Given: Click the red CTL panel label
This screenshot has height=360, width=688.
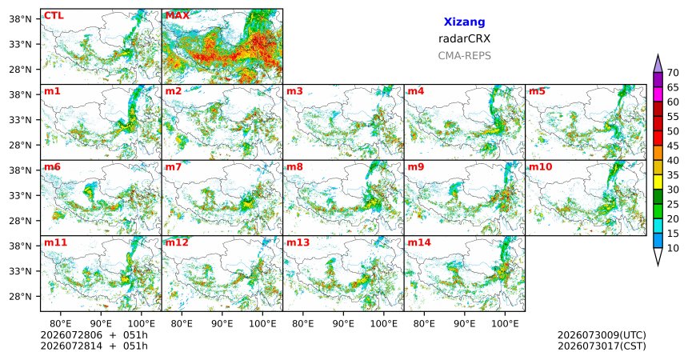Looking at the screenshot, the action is [x=54, y=16].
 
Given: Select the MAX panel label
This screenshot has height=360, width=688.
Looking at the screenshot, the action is [x=178, y=16].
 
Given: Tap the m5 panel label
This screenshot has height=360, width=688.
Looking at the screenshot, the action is [x=537, y=91].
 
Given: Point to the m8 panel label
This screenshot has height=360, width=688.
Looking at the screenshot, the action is [x=294, y=167].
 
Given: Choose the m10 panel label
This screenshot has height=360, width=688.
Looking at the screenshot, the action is [x=540, y=167].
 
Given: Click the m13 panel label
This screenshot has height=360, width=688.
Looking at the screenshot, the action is [x=298, y=242].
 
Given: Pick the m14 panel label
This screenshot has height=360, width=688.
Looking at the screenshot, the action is [x=419, y=242].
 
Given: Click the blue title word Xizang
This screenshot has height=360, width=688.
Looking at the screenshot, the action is [x=464, y=22].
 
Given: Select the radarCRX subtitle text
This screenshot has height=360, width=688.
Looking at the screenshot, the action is [x=464, y=38].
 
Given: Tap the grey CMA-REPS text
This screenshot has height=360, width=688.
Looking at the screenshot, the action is [x=464, y=56].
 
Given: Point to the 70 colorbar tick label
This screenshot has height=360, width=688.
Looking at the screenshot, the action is [x=673, y=73].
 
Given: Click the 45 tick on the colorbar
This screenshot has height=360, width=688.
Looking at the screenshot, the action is [x=673, y=146].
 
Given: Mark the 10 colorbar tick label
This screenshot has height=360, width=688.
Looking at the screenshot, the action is [x=673, y=248].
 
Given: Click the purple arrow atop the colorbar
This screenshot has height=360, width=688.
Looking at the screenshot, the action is [x=658, y=64].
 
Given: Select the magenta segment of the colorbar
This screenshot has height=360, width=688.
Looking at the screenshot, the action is [x=658, y=94].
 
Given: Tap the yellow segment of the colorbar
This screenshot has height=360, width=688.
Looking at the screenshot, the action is [x=658, y=182].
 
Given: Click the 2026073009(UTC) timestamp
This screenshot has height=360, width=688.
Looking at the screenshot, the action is [x=602, y=335].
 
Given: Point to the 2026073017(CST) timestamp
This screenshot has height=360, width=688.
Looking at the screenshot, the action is [x=602, y=346].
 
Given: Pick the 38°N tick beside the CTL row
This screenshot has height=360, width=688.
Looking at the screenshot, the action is [x=21, y=19].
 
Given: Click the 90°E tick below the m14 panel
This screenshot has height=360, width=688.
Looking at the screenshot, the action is [x=465, y=324].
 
